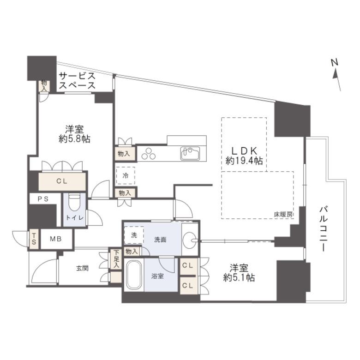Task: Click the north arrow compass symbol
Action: [x=336, y=75]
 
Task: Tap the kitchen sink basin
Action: [x=190, y=154]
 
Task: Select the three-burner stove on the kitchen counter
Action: [x=149, y=154]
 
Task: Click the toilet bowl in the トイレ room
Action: [x=74, y=203]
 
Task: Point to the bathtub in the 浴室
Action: [x=134, y=275]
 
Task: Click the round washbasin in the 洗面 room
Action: [x=190, y=240]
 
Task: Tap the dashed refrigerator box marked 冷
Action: [x=126, y=176]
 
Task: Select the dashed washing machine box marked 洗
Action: [x=134, y=235]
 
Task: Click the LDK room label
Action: [x=244, y=151]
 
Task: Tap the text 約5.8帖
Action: [x=74, y=139]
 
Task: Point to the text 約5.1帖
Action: [x=239, y=278]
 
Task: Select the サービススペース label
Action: [x=77, y=80]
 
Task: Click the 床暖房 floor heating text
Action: [x=283, y=215]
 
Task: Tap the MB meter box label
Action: [x=56, y=239]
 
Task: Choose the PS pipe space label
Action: [x=43, y=199]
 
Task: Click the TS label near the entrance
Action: [x=34, y=239]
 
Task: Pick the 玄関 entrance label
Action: [x=82, y=268]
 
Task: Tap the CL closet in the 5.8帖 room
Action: [x=62, y=181]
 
